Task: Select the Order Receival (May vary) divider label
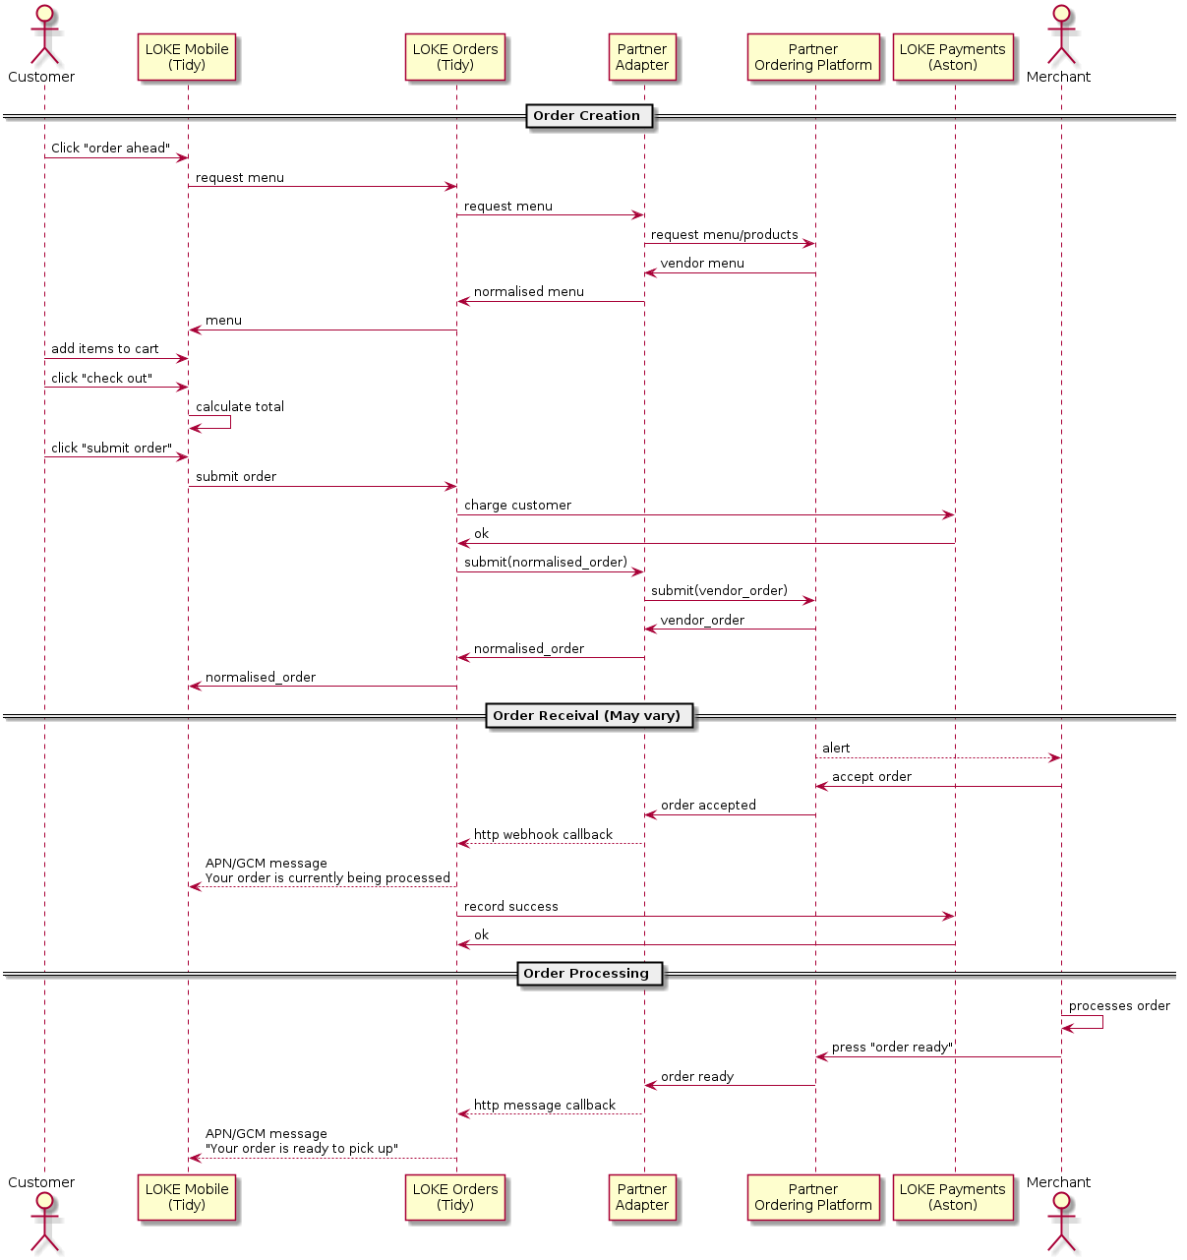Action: pyautogui.click(x=589, y=716)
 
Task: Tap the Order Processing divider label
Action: pyautogui.click(x=589, y=973)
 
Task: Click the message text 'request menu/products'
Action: pyautogui.click(x=725, y=235)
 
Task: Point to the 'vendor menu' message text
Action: pyautogui.click(x=702, y=264)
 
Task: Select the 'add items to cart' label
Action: pyautogui.click(x=104, y=349)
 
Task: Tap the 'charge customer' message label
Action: pyautogui.click(x=517, y=505)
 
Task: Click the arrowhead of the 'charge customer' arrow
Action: pyautogui.click(x=949, y=515)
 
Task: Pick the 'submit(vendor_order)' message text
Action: pyautogui.click(x=720, y=591)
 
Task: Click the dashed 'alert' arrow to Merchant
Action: pyautogui.click(x=938, y=757)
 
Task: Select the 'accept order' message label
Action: pyautogui.click(x=871, y=776)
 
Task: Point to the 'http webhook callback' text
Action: pyautogui.click(x=543, y=834)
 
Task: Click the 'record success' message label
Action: pyautogui.click(x=510, y=907)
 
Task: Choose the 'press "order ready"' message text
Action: pyautogui.click(x=892, y=1048)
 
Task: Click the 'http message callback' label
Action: pyautogui.click(x=545, y=1106)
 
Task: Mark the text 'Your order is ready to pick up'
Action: pyautogui.click(x=302, y=1148)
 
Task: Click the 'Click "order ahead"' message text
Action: pyautogui.click(x=110, y=148)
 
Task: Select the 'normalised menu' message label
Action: pyautogui.click(x=528, y=292)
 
